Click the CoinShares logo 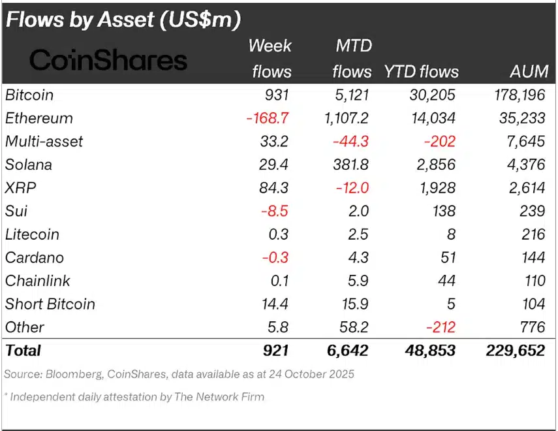pyautogui.click(x=108, y=60)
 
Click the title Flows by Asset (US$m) pyautogui.click(x=123, y=20)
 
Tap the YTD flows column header pyautogui.click(x=421, y=71)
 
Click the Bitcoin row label pyautogui.click(x=29, y=95)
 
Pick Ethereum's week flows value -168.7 pyautogui.click(x=268, y=118)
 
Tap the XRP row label pyautogui.click(x=20, y=188)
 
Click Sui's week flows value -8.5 pyautogui.click(x=275, y=212)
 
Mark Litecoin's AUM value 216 pyautogui.click(x=533, y=234)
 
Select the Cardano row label pyautogui.click(x=34, y=258)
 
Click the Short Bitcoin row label pyautogui.click(x=50, y=304)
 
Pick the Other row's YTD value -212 pyautogui.click(x=439, y=327)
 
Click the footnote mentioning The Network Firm pyautogui.click(x=134, y=396)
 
